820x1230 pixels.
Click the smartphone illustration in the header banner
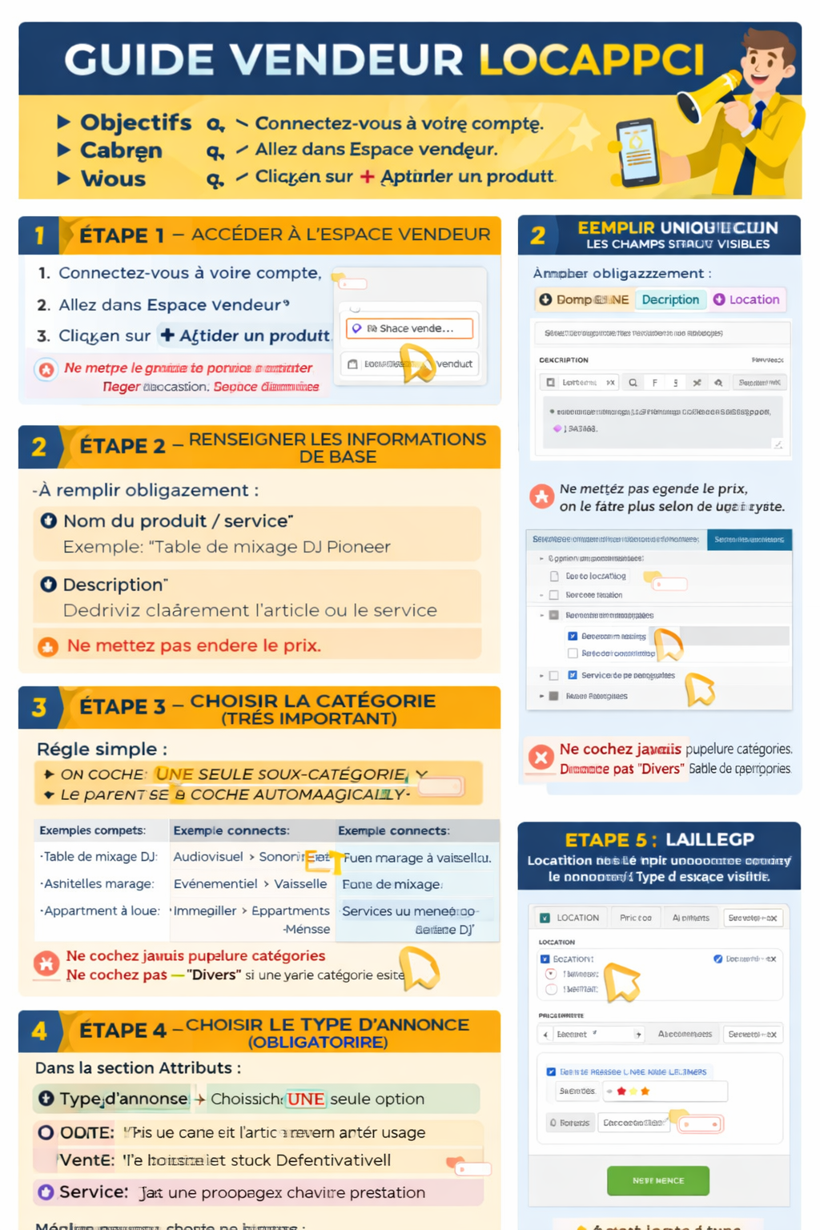[x=637, y=151]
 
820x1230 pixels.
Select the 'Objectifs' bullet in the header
[x=135, y=123]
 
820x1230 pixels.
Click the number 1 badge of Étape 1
[x=39, y=235]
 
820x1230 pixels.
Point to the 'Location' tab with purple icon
[x=746, y=299]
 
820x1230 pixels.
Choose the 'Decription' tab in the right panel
[x=669, y=299]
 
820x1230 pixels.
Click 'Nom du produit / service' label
[x=178, y=521]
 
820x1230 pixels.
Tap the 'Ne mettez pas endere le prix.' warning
[x=194, y=645]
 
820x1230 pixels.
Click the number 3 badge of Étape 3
[x=39, y=707]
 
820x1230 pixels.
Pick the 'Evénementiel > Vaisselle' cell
[x=250, y=884]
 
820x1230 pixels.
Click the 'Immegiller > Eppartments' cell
[x=251, y=911]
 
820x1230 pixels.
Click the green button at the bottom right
[x=657, y=1180]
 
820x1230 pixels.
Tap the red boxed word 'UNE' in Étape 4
[x=305, y=1099]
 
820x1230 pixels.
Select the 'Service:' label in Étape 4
[x=93, y=1192]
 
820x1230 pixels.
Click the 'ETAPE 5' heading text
[x=610, y=840]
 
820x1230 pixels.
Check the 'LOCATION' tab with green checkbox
[x=569, y=918]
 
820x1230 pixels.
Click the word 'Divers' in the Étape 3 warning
[x=214, y=975]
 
